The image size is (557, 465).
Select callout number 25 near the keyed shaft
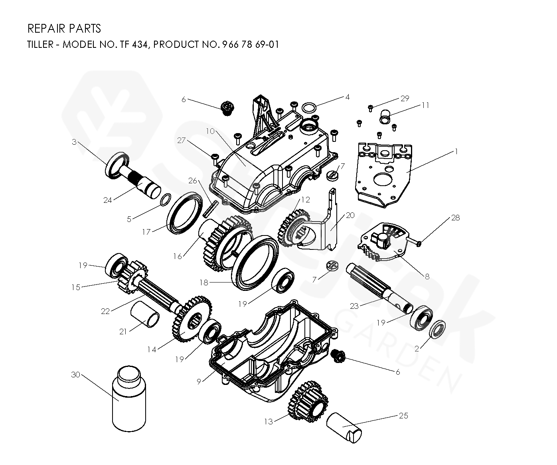click(x=403, y=416)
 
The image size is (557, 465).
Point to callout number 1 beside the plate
click(x=456, y=151)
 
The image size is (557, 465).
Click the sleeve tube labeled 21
click(x=146, y=314)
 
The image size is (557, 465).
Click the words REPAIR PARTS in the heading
click(x=64, y=29)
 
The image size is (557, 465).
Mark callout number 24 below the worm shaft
click(x=107, y=200)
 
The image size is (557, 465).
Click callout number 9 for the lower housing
click(x=199, y=381)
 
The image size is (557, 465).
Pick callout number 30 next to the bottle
click(x=75, y=375)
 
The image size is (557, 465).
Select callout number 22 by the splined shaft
click(x=105, y=311)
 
